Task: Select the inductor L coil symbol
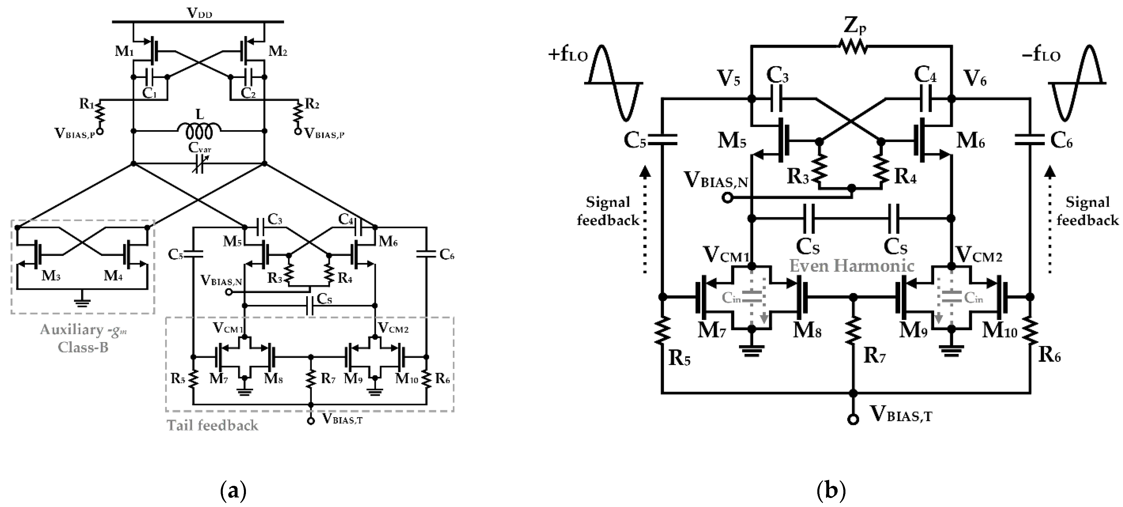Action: point(199,130)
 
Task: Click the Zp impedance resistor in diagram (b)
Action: point(852,46)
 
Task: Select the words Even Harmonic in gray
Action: point(852,266)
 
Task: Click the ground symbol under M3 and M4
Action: point(82,301)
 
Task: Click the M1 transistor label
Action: point(124,51)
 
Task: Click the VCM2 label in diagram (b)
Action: point(978,255)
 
